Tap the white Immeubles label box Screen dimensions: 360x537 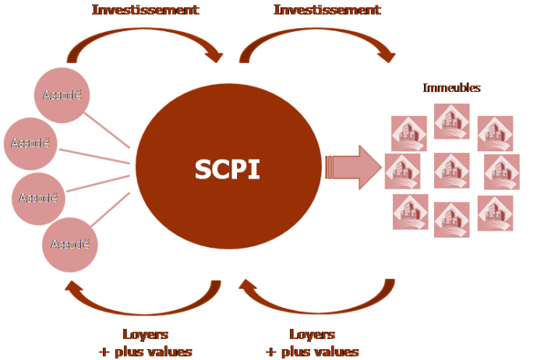pyautogui.click(x=451, y=88)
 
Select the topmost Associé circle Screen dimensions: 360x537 pyautogui.click(x=62, y=96)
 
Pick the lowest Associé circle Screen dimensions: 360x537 pyautogui.click(x=69, y=245)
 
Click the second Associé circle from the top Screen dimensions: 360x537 pyautogui.click(x=30, y=143)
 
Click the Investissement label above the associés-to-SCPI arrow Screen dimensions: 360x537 pyautogui.click(x=146, y=10)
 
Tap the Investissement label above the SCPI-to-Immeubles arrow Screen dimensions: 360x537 pyautogui.click(x=327, y=10)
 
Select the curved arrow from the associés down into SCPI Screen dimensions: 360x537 pyautogui.click(x=145, y=39)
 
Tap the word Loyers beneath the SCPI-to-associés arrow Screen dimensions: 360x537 pyautogui.click(x=146, y=334)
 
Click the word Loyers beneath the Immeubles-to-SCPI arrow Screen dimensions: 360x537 pyautogui.click(x=313, y=334)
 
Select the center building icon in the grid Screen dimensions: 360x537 pyautogui.click(x=451, y=171)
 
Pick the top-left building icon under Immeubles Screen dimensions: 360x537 pyautogui.click(x=409, y=133)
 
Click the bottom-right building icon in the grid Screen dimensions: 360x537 pyautogui.click(x=495, y=213)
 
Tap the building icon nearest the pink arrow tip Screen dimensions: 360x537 pyautogui.click(x=402, y=171)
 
